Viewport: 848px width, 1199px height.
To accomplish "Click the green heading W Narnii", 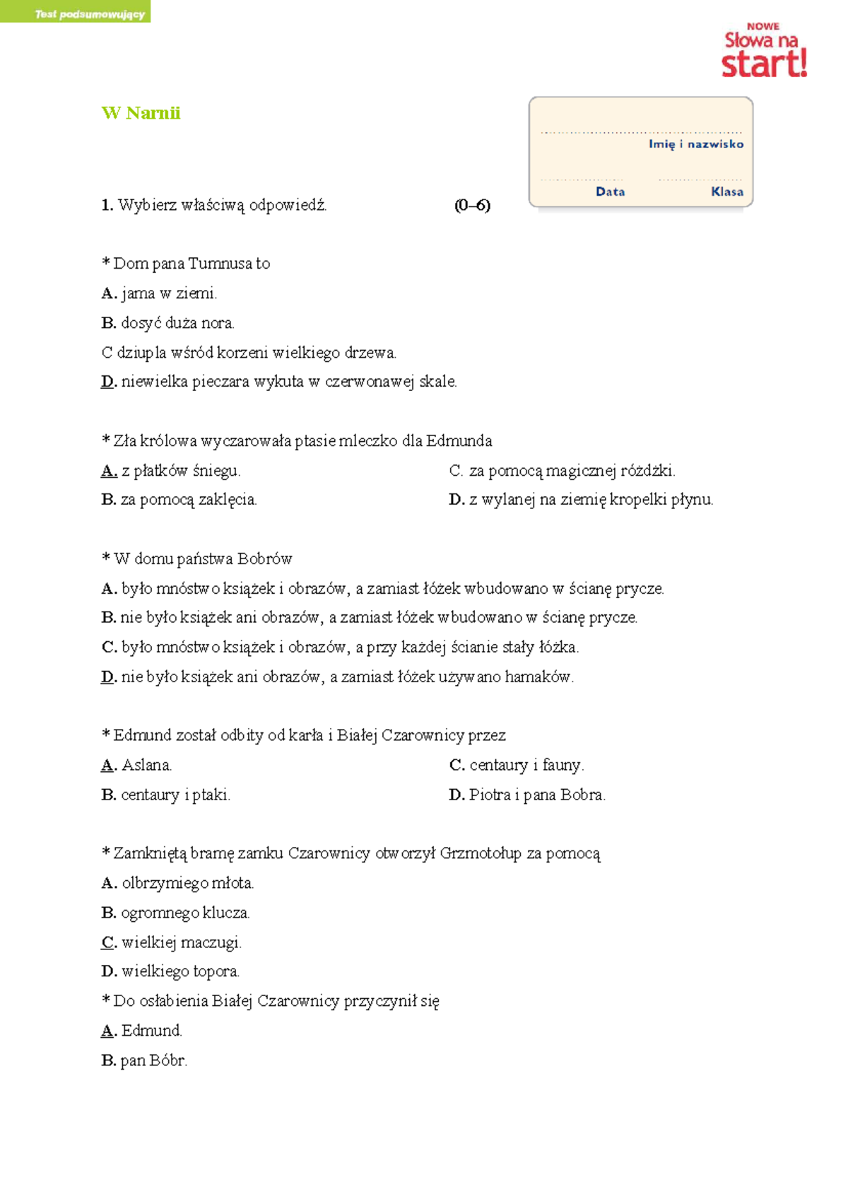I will (x=141, y=113).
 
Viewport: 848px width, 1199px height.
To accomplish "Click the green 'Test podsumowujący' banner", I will (x=76, y=13).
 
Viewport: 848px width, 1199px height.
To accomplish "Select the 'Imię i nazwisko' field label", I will (x=695, y=144).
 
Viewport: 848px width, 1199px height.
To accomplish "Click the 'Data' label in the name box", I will (x=610, y=192).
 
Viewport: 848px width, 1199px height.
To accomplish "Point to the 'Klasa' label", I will (x=726, y=192).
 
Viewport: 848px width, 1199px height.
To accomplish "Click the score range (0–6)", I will (x=472, y=206).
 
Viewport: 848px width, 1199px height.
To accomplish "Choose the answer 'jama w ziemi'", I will (x=168, y=293).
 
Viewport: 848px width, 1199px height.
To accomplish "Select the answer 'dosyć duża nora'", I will (x=177, y=323).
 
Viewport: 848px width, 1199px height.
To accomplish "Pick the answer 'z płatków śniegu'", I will (x=180, y=471).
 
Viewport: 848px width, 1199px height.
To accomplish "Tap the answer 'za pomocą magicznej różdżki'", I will (x=571, y=471).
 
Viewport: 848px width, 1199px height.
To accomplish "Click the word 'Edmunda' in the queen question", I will (x=459, y=441).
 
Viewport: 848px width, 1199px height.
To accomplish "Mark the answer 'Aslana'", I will (x=146, y=766).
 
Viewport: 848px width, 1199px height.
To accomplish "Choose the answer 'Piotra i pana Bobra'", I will (x=536, y=795).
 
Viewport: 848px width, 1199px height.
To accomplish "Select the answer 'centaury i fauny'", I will (x=526, y=766).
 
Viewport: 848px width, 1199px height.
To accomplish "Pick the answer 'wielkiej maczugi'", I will (x=181, y=942).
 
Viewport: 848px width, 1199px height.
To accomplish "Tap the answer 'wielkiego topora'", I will (x=179, y=972).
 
